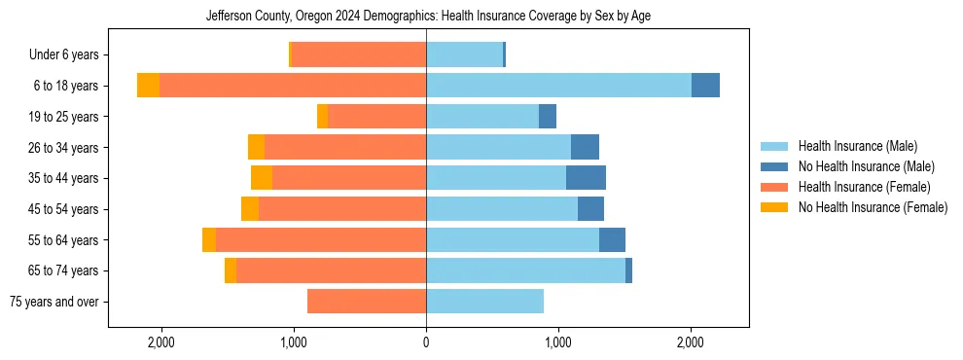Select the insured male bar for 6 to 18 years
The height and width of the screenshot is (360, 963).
(x=558, y=86)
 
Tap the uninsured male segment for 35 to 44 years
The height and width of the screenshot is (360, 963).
(x=586, y=178)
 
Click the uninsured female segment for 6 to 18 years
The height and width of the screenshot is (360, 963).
(x=148, y=86)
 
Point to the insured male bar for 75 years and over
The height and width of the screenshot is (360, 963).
(x=484, y=302)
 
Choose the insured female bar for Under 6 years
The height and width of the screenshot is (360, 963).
(x=359, y=54)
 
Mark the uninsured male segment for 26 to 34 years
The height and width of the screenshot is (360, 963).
(x=585, y=147)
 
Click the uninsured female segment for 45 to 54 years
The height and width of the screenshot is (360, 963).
(x=250, y=209)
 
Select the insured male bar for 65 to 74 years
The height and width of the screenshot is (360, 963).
(x=525, y=270)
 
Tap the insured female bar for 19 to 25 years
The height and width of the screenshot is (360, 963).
(x=377, y=117)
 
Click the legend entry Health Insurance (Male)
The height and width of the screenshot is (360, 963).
(x=857, y=147)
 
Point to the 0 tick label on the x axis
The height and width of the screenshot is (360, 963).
(x=426, y=342)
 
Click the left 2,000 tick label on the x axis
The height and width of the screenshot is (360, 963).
(x=160, y=342)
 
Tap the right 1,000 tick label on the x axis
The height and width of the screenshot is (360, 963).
(x=558, y=342)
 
